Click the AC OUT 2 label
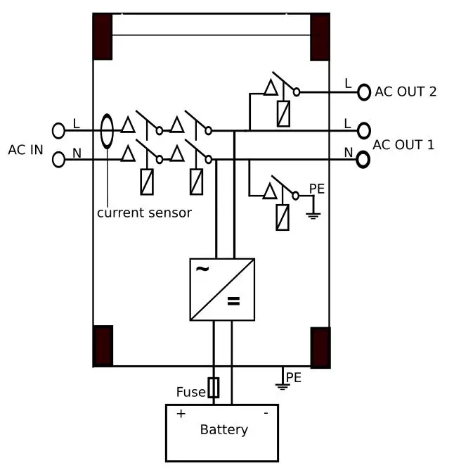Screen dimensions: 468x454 (406, 91)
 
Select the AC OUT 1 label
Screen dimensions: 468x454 (403, 145)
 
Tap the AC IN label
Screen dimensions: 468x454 (26, 150)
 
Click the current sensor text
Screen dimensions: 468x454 (144, 213)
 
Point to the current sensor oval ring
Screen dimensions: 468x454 (107, 132)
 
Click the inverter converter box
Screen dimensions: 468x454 (222, 289)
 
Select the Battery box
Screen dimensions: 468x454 (222, 432)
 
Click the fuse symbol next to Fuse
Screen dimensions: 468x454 (214, 388)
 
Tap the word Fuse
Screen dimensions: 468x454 (190, 392)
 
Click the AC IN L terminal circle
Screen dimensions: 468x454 (58, 130)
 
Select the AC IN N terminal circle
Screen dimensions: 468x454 (58, 160)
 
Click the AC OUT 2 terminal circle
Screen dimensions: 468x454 (364, 91)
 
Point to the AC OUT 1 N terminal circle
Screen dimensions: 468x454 (363, 160)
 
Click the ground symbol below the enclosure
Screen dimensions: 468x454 (282, 384)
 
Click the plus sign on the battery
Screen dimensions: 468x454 (181, 414)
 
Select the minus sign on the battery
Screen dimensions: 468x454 (266, 413)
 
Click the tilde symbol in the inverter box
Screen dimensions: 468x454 (202, 270)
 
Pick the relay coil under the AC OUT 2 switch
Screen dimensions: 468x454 (283, 114)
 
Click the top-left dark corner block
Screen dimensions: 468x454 (103, 37)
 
